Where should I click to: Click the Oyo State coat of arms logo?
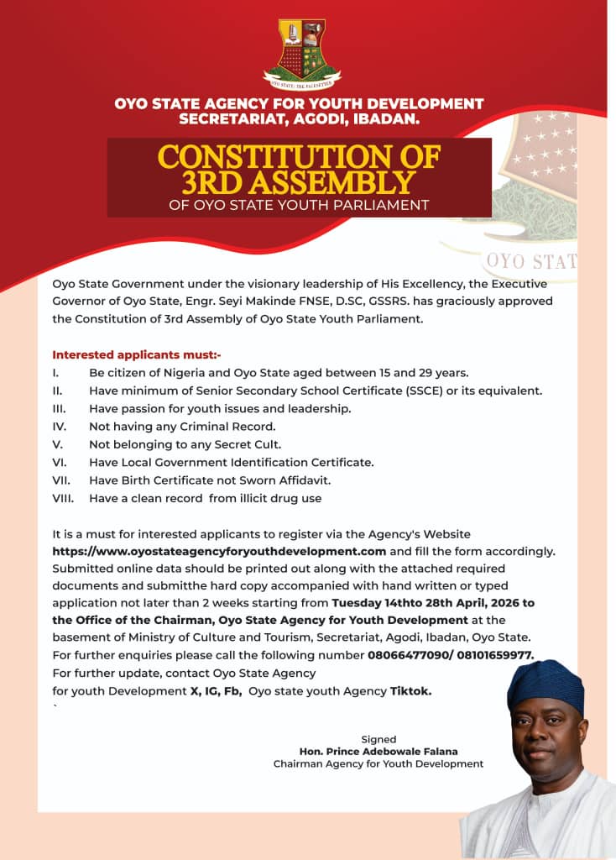(301, 53)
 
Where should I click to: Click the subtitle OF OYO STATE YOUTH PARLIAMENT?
(299, 205)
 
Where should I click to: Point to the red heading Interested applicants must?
(137, 354)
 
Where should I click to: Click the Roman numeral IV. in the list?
(59, 427)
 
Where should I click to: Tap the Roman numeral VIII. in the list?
(63, 499)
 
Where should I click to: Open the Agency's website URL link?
(219, 552)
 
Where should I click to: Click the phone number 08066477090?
(408, 655)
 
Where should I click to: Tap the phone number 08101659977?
(493, 655)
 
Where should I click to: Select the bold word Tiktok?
(412, 690)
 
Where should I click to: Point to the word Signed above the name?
(378, 739)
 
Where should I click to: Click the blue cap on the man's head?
(546, 681)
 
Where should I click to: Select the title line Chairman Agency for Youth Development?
(378, 764)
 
